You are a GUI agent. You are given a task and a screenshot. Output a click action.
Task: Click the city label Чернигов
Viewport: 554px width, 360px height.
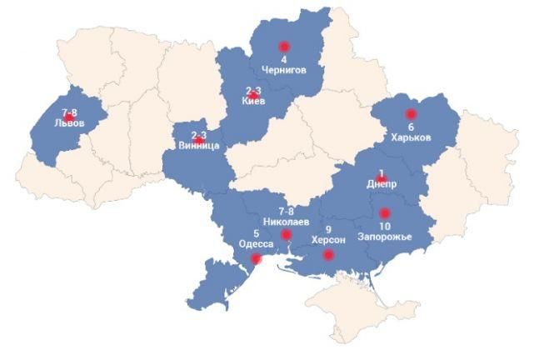[284, 71]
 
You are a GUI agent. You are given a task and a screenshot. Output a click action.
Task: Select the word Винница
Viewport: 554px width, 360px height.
[199, 146]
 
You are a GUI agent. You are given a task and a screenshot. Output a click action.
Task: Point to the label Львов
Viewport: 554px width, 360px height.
[68, 122]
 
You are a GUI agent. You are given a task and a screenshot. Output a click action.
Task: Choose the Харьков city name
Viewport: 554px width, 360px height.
[411, 137]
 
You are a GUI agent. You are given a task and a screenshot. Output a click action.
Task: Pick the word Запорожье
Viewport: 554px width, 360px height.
[384, 237]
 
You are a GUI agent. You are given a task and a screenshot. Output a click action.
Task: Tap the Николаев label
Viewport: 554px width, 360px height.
[286, 222]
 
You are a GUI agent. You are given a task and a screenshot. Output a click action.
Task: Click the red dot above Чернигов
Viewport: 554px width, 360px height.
[283, 47]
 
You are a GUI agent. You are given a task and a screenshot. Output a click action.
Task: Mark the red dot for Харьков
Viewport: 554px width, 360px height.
[410, 113]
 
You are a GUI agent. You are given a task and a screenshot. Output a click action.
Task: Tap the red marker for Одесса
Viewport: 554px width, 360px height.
[256, 259]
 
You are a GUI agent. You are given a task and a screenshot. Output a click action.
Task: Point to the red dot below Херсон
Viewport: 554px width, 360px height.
[328, 255]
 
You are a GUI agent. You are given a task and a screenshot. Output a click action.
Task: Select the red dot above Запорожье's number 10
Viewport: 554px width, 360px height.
[384, 212]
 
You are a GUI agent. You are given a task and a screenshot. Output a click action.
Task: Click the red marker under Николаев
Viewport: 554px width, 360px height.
[287, 236]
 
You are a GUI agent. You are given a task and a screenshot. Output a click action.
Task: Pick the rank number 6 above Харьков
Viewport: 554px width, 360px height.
[411, 127]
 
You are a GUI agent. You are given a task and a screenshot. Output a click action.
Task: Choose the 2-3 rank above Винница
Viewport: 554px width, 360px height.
[199, 135]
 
